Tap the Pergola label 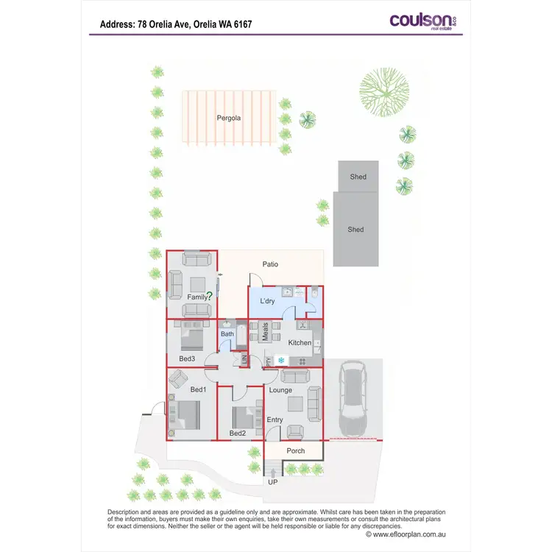coord(228,118)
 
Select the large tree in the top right coord(383,91)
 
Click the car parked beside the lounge coord(354,401)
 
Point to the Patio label coord(270,264)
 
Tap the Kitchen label coord(300,343)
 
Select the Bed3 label coord(187,358)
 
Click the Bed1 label coord(198,389)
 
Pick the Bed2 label coord(237,434)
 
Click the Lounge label coord(280,390)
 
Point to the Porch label coord(295,450)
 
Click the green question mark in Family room coord(210,296)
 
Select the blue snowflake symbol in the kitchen coord(280,360)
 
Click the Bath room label coord(227,333)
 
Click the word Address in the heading coord(116,24)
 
